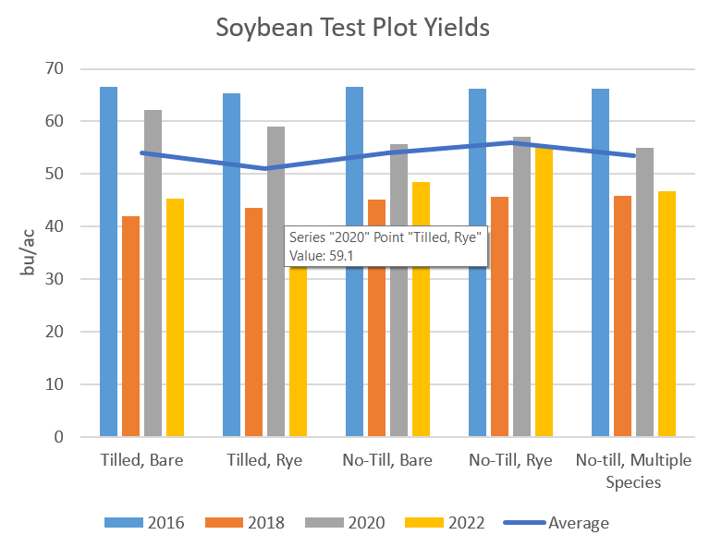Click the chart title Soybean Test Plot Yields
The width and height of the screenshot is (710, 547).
pyautogui.click(x=352, y=28)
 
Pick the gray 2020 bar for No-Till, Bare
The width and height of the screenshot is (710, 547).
pyautogui.click(x=398, y=290)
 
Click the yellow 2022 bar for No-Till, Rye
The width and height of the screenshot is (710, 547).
pyautogui.click(x=544, y=291)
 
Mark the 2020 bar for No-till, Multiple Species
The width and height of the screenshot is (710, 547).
pyautogui.click(x=644, y=292)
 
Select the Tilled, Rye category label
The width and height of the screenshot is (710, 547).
pyautogui.click(x=264, y=460)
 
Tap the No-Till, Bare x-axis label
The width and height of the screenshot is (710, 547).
pyautogui.click(x=387, y=460)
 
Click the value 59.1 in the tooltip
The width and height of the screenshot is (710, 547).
pyautogui.click(x=328, y=255)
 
